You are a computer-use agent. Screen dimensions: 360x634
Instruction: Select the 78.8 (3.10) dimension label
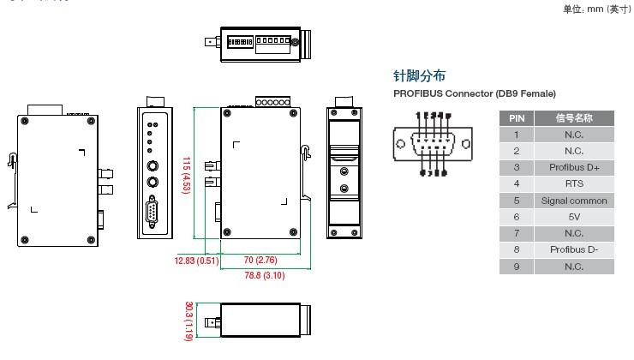tap(263, 275)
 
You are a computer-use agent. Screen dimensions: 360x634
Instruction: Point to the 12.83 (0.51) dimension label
tap(196, 261)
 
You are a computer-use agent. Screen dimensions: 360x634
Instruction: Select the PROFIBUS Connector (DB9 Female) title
tap(475, 93)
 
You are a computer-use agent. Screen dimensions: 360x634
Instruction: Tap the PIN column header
tap(517, 118)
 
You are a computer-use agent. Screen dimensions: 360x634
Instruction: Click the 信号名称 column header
tap(573, 118)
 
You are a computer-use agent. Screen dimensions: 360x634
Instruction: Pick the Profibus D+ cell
tap(573, 167)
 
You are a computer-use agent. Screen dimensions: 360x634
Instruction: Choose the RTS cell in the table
tap(573, 183)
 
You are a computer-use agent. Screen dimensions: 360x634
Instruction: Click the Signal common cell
tap(573, 201)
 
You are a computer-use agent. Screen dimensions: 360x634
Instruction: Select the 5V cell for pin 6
tap(573, 217)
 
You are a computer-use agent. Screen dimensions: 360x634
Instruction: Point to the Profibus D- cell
tap(573, 249)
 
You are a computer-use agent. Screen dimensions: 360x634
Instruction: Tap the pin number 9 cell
tap(517, 267)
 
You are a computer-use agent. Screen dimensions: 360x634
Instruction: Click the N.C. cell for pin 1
tap(573, 135)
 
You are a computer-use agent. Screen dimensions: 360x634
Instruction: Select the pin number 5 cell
tap(517, 201)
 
